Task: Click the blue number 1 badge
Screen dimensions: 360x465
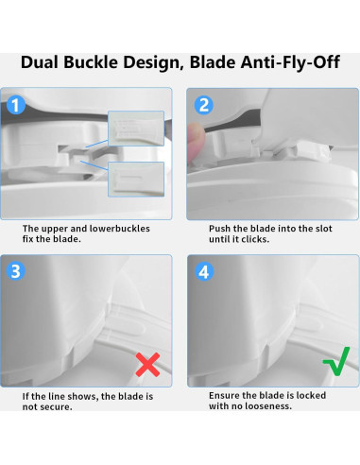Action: tap(16, 105)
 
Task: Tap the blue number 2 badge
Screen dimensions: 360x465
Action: tap(204, 105)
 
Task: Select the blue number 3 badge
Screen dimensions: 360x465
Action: tap(16, 271)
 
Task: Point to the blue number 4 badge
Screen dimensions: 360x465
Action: tap(204, 271)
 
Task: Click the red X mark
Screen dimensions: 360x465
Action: tap(147, 365)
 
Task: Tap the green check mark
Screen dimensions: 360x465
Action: tap(336, 361)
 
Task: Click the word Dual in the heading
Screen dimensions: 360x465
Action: tap(40, 62)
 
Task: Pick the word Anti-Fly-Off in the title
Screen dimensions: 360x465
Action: tap(290, 62)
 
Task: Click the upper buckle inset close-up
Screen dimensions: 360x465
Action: tap(136, 129)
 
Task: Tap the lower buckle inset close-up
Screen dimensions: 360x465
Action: tap(136, 180)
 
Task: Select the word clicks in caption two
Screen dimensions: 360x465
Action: tap(257, 239)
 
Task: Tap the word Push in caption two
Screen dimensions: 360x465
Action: tap(219, 229)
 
